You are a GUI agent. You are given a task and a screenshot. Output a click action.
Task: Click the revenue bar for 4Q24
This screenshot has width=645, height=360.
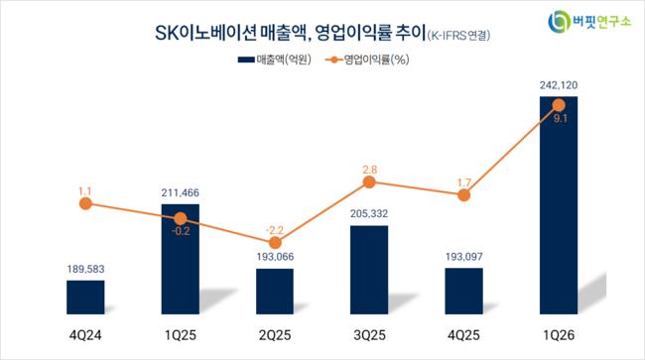[85, 298]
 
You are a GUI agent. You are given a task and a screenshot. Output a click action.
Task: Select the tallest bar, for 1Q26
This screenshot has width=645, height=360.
[559, 205]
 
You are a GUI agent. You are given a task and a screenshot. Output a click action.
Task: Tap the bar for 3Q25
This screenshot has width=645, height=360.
[369, 270]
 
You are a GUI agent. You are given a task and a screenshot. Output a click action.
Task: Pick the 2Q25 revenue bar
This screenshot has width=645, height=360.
[275, 292]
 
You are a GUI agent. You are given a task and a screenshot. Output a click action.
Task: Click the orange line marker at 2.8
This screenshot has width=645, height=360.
[369, 182]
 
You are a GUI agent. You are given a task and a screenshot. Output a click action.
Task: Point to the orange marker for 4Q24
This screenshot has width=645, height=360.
[85, 203]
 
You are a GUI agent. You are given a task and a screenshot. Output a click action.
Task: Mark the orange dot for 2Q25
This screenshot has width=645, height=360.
[275, 243]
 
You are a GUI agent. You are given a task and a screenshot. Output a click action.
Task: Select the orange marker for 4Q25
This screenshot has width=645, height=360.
[464, 195]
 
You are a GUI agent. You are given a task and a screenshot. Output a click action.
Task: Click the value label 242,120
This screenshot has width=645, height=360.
[559, 85]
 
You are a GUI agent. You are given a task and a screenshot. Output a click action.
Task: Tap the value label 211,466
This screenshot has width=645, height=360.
[181, 192]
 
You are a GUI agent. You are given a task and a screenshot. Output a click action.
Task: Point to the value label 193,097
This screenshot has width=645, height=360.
[464, 257]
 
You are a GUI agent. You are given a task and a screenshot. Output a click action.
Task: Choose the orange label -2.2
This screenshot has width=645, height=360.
[275, 230]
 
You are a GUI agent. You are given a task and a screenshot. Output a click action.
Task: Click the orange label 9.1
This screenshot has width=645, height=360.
[561, 119]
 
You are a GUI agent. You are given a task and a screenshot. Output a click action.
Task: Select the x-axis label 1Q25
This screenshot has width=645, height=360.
[181, 335]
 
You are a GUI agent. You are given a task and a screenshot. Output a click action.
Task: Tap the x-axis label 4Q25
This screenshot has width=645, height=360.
[464, 335]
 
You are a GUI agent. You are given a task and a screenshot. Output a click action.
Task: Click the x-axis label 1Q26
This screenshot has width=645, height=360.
[559, 335]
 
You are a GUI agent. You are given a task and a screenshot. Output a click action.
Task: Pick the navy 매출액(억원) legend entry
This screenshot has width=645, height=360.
[275, 60]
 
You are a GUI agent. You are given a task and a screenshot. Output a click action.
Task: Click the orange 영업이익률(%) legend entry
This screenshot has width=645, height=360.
[367, 60]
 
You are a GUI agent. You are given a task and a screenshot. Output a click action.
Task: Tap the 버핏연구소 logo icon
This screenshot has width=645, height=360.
[559, 22]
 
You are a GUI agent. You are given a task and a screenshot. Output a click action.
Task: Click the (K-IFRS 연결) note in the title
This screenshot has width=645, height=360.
[458, 36]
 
